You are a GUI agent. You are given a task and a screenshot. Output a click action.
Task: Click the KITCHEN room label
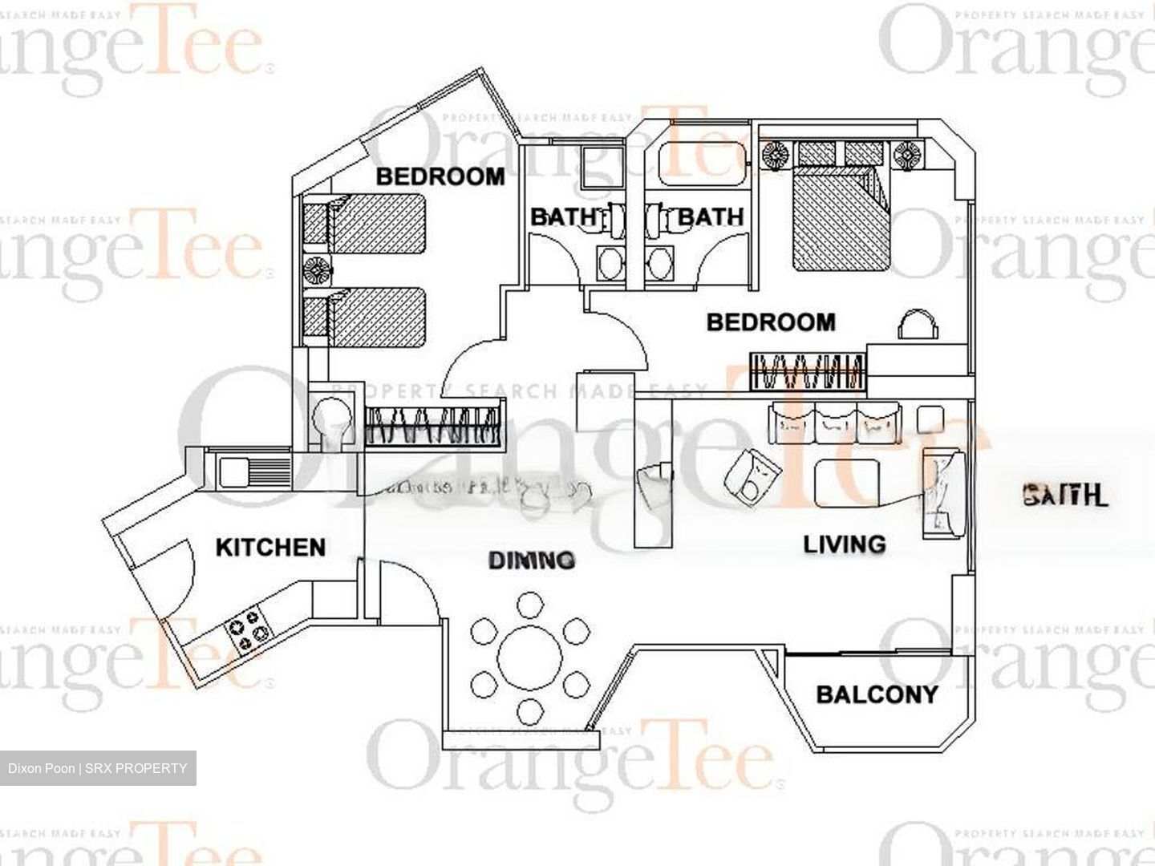[x=270, y=548]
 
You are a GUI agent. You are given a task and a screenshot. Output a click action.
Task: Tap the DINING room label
[x=532, y=560]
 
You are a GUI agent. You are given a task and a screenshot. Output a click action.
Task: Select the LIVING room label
[x=845, y=544]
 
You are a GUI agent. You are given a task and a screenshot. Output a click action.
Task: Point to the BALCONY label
[x=877, y=694]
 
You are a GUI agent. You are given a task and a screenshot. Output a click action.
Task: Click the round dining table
[x=529, y=658]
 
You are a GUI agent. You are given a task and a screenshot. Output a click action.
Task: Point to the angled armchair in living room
[x=751, y=477]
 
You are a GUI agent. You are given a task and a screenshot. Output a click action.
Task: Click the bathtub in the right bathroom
[x=698, y=164]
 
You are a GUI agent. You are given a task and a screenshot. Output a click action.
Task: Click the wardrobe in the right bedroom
[x=808, y=371]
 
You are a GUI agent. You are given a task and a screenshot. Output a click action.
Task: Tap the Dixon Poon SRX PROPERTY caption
[x=98, y=768]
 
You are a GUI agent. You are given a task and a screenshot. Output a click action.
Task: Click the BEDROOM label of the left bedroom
[x=440, y=176]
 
